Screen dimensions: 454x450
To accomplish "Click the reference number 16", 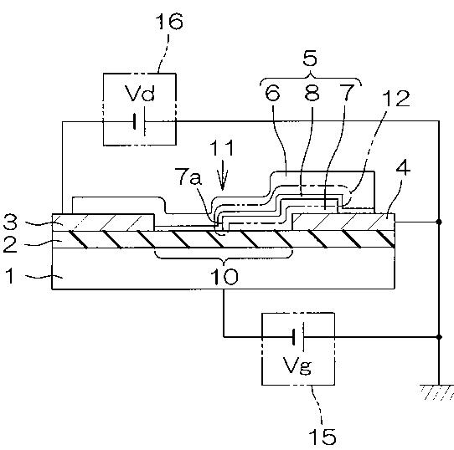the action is [169, 22].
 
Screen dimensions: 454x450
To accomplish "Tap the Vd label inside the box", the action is [140, 93].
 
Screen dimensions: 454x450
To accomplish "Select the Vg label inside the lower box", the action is [297, 366].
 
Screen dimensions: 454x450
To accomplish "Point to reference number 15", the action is [322, 436].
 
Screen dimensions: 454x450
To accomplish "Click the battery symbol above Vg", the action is [298, 337].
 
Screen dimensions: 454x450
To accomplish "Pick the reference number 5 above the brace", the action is [310, 59].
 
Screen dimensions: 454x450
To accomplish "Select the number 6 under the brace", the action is [273, 93].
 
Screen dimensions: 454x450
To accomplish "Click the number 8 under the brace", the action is [312, 93].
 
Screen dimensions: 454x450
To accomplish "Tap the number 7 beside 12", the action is [346, 93].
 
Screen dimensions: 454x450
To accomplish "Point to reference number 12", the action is [396, 99].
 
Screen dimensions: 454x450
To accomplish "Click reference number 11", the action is [222, 148].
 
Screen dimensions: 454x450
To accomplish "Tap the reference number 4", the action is [403, 168].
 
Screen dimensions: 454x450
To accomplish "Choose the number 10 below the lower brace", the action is [224, 277].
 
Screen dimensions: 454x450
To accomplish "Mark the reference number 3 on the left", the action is [10, 222].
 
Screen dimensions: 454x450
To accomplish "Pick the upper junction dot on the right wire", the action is [439, 222].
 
